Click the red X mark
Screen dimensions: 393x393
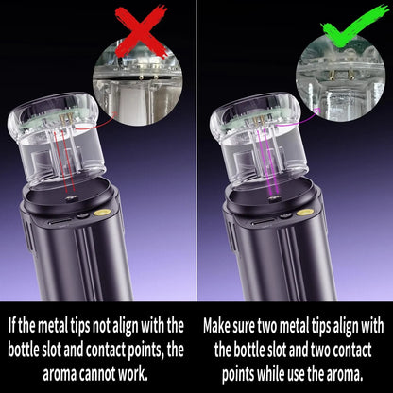tap(141, 27)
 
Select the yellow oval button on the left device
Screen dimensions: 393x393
tap(83, 214)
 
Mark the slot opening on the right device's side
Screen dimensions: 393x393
tap(254, 220)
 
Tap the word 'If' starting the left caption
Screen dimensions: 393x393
tap(12, 324)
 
